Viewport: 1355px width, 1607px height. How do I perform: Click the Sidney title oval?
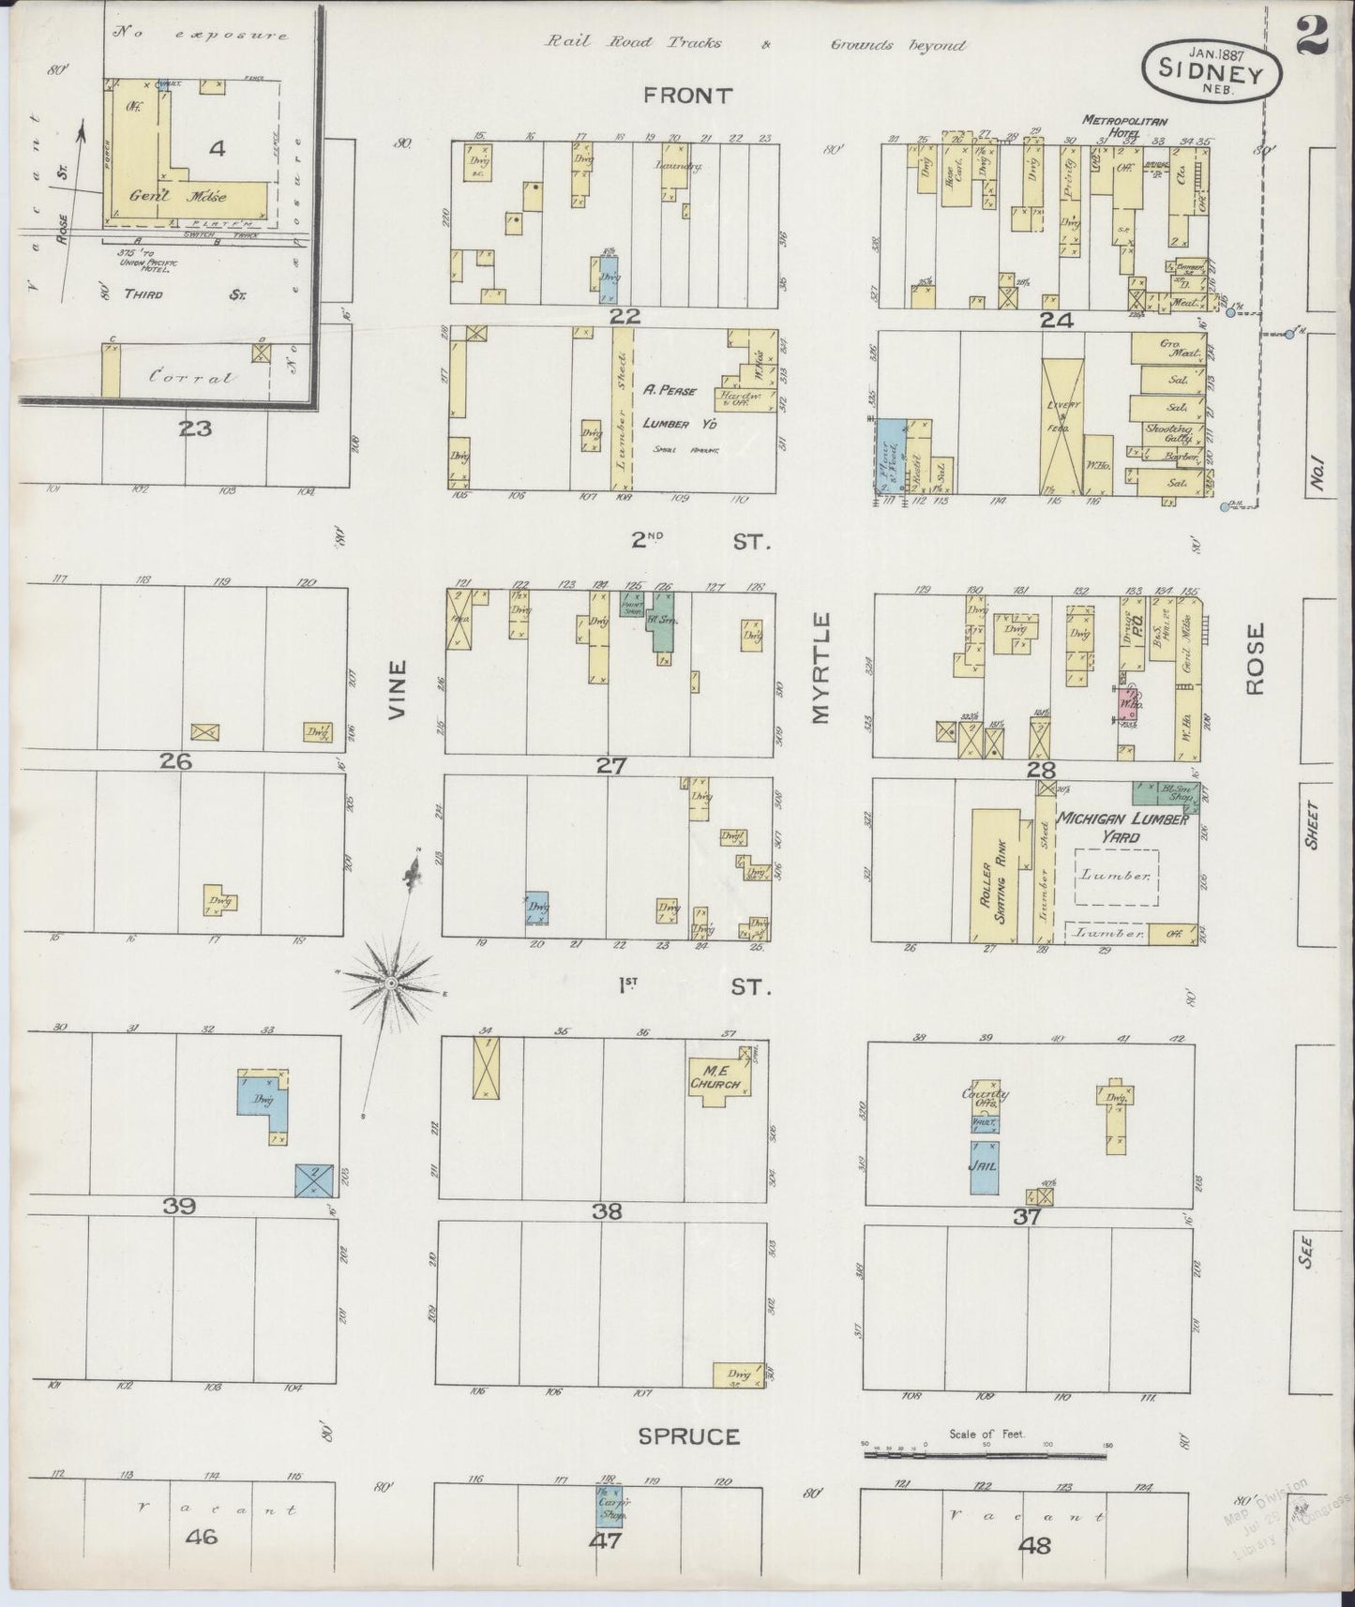1212,68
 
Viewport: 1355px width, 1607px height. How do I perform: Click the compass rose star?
389,981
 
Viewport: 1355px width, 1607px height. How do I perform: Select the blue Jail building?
984,1166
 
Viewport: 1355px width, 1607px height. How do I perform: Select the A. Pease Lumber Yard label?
669,407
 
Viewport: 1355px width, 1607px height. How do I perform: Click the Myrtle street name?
822,668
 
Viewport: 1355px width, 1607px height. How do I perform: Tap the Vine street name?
399,690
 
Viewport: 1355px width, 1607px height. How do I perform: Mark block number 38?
607,1211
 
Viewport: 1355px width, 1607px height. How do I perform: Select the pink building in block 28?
1130,701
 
